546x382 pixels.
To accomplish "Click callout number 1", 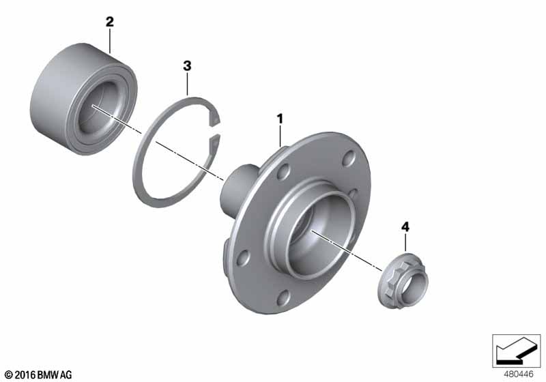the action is click(x=280, y=119).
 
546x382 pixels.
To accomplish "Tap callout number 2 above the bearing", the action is click(x=110, y=22).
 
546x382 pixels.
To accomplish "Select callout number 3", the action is click(x=187, y=65).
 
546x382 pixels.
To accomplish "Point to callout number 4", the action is click(x=405, y=227).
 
